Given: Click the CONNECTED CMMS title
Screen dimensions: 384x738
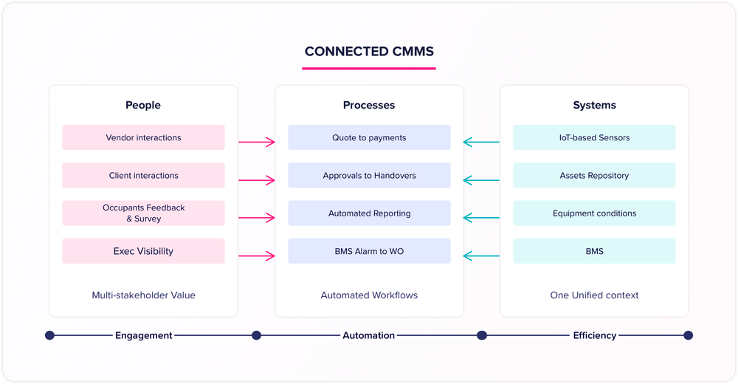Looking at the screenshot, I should coord(369,52).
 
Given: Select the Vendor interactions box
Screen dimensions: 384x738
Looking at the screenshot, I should coord(143,137).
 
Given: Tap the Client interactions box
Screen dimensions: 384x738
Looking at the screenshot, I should coord(143,176).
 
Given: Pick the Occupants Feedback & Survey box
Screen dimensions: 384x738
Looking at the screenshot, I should coord(143,213).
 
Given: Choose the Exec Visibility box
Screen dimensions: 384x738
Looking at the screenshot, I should coord(143,251).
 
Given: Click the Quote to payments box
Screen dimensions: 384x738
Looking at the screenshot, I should coord(369,137).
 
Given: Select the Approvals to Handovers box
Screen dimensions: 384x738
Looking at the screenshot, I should coord(369,176).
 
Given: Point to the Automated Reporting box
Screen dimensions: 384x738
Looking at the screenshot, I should coord(369,213).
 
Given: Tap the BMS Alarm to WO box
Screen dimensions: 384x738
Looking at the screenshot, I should coord(369,251).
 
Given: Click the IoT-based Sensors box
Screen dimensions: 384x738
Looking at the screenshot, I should coord(594,137).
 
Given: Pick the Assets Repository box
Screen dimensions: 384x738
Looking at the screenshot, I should coord(594,176).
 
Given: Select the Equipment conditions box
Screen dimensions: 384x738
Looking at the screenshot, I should coord(594,213).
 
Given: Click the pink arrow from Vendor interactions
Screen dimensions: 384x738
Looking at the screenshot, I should coord(256,141).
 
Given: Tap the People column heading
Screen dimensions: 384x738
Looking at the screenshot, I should coord(143,106).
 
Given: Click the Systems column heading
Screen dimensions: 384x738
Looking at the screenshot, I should coord(594,106).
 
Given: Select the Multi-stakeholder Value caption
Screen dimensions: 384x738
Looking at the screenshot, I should coord(143,295).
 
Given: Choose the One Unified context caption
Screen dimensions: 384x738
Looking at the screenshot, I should coord(594,295).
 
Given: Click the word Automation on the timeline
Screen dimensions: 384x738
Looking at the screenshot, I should coord(369,335).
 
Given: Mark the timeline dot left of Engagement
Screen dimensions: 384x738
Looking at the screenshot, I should coord(49,335).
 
